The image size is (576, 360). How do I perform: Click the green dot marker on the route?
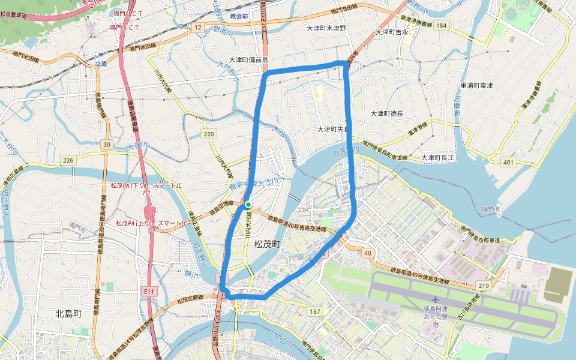pos(248,205)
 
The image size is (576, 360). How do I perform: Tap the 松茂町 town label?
pos(267,244)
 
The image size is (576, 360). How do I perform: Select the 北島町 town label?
pos(68,313)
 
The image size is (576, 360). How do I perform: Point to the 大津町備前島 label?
pos(248,61)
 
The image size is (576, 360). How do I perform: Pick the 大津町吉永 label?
pos(392,32)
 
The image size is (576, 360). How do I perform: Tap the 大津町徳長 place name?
pos(386,113)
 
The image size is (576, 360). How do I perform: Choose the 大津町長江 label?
pos(439,157)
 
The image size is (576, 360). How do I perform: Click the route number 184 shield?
pos(442,25)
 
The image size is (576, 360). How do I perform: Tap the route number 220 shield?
pos(209,134)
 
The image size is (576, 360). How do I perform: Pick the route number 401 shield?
pos(509,162)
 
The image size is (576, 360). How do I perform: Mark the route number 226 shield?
pos(67,160)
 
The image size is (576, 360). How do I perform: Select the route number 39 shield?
pos(107,145)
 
